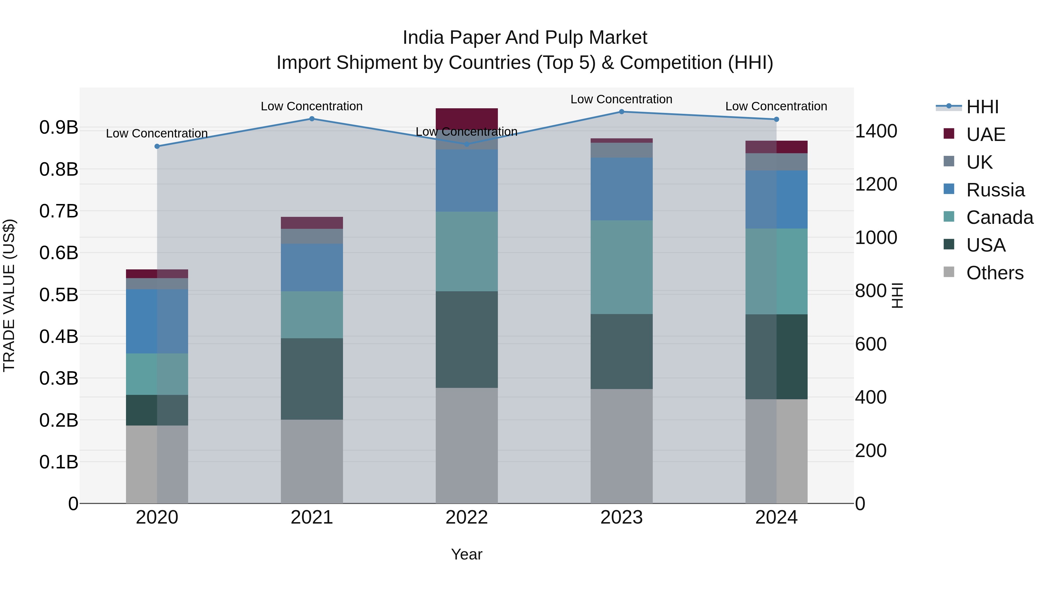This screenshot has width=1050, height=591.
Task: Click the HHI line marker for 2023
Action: click(621, 112)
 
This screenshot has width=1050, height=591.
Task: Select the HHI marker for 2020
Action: click(157, 147)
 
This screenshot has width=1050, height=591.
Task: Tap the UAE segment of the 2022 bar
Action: click(466, 118)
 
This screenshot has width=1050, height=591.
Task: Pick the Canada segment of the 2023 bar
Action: click(621, 267)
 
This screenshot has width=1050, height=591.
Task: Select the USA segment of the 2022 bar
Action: click(466, 339)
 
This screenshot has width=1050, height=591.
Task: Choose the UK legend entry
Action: click(978, 162)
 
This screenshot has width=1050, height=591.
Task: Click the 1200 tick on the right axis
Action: click(876, 184)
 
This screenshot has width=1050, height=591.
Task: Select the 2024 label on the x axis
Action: click(776, 517)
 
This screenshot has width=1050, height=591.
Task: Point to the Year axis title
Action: click(466, 554)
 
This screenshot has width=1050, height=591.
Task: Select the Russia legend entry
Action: click(995, 190)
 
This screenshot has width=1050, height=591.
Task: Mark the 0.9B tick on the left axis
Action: click(59, 127)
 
